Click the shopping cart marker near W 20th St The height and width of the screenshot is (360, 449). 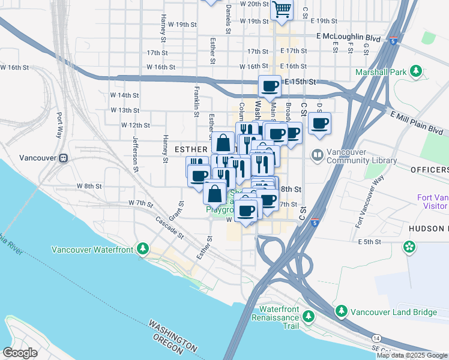click(x=282, y=10)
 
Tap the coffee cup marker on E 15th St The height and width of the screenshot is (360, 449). click(x=270, y=87)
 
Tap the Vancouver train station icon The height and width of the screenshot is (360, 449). click(x=63, y=158)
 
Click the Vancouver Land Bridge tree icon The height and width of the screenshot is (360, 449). click(x=342, y=311)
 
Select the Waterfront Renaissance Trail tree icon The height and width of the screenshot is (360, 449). click(x=308, y=316)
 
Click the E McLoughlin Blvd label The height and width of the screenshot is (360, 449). click(x=348, y=37)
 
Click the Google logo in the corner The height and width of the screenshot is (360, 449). click(x=20, y=353)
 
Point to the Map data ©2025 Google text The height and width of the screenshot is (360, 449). click(x=412, y=355)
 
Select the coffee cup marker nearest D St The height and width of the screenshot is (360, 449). click(x=319, y=124)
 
